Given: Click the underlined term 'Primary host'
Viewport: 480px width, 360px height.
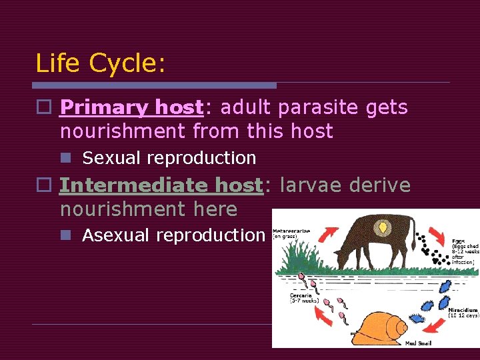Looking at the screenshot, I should pyautogui.click(x=131, y=107).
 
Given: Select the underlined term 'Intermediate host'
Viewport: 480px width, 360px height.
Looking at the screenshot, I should pyautogui.click(x=161, y=185).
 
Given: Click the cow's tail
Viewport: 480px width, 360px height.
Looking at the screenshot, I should pyautogui.click(x=418, y=240).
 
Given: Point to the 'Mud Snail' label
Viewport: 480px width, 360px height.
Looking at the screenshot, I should pyautogui.click(x=420, y=343).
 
